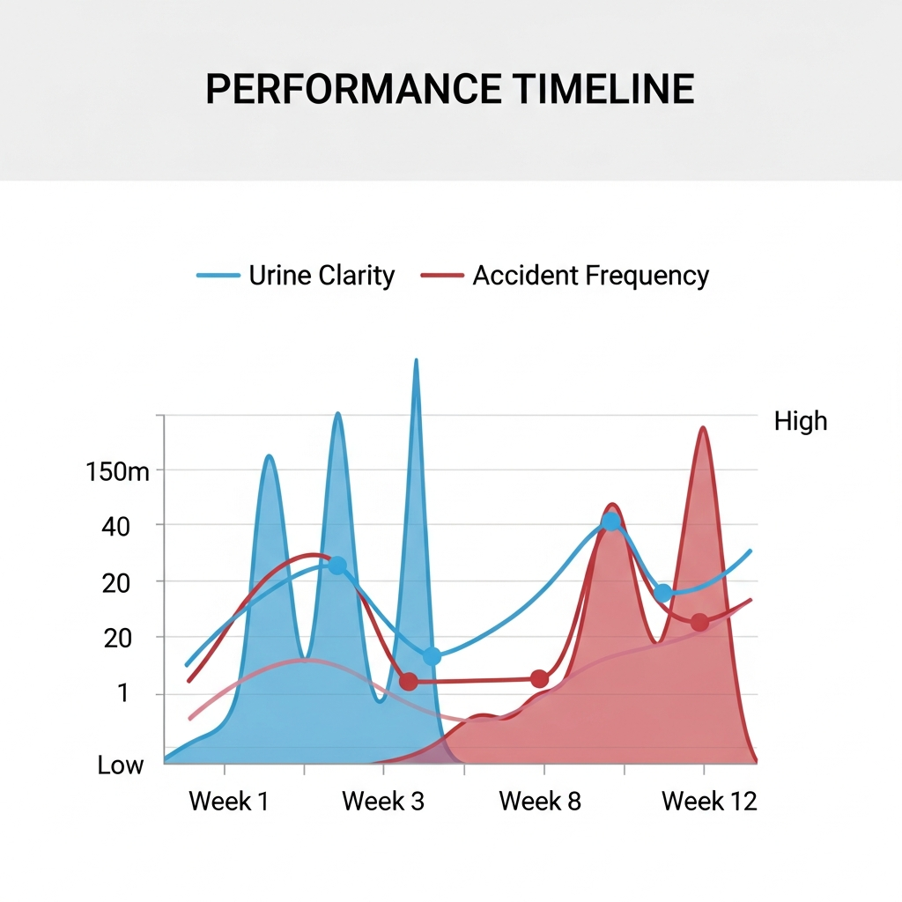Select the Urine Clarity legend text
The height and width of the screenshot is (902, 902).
pyautogui.click(x=322, y=276)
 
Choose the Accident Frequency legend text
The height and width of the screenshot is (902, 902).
pyautogui.click(x=590, y=276)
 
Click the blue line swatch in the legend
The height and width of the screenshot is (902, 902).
pyautogui.click(x=218, y=276)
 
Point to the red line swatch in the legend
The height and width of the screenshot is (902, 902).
pyautogui.click(x=442, y=276)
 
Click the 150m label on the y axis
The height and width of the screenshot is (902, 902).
pyautogui.click(x=118, y=471)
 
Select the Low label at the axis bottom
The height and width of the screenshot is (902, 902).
pyautogui.click(x=121, y=765)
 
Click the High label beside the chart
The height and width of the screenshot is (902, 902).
pyautogui.click(x=801, y=421)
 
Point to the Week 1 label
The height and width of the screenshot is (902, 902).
pyautogui.click(x=229, y=802)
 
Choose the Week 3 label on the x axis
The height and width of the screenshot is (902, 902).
pyautogui.click(x=382, y=802)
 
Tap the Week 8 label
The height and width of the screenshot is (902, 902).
pyautogui.click(x=540, y=802)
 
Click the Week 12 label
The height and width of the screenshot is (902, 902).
pyautogui.click(x=709, y=802)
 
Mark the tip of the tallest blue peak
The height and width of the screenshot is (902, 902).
pyautogui.click(x=416, y=360)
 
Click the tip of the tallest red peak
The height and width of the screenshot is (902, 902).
pyautogui.click(x=703, y=428)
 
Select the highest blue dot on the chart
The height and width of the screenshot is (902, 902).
pyautogui.click(x=611, y=521)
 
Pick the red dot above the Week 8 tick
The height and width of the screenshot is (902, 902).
pyautogui.click(x=540, y=678)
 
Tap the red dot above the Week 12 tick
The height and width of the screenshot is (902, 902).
pyautogui.click(x=699, y=623)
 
